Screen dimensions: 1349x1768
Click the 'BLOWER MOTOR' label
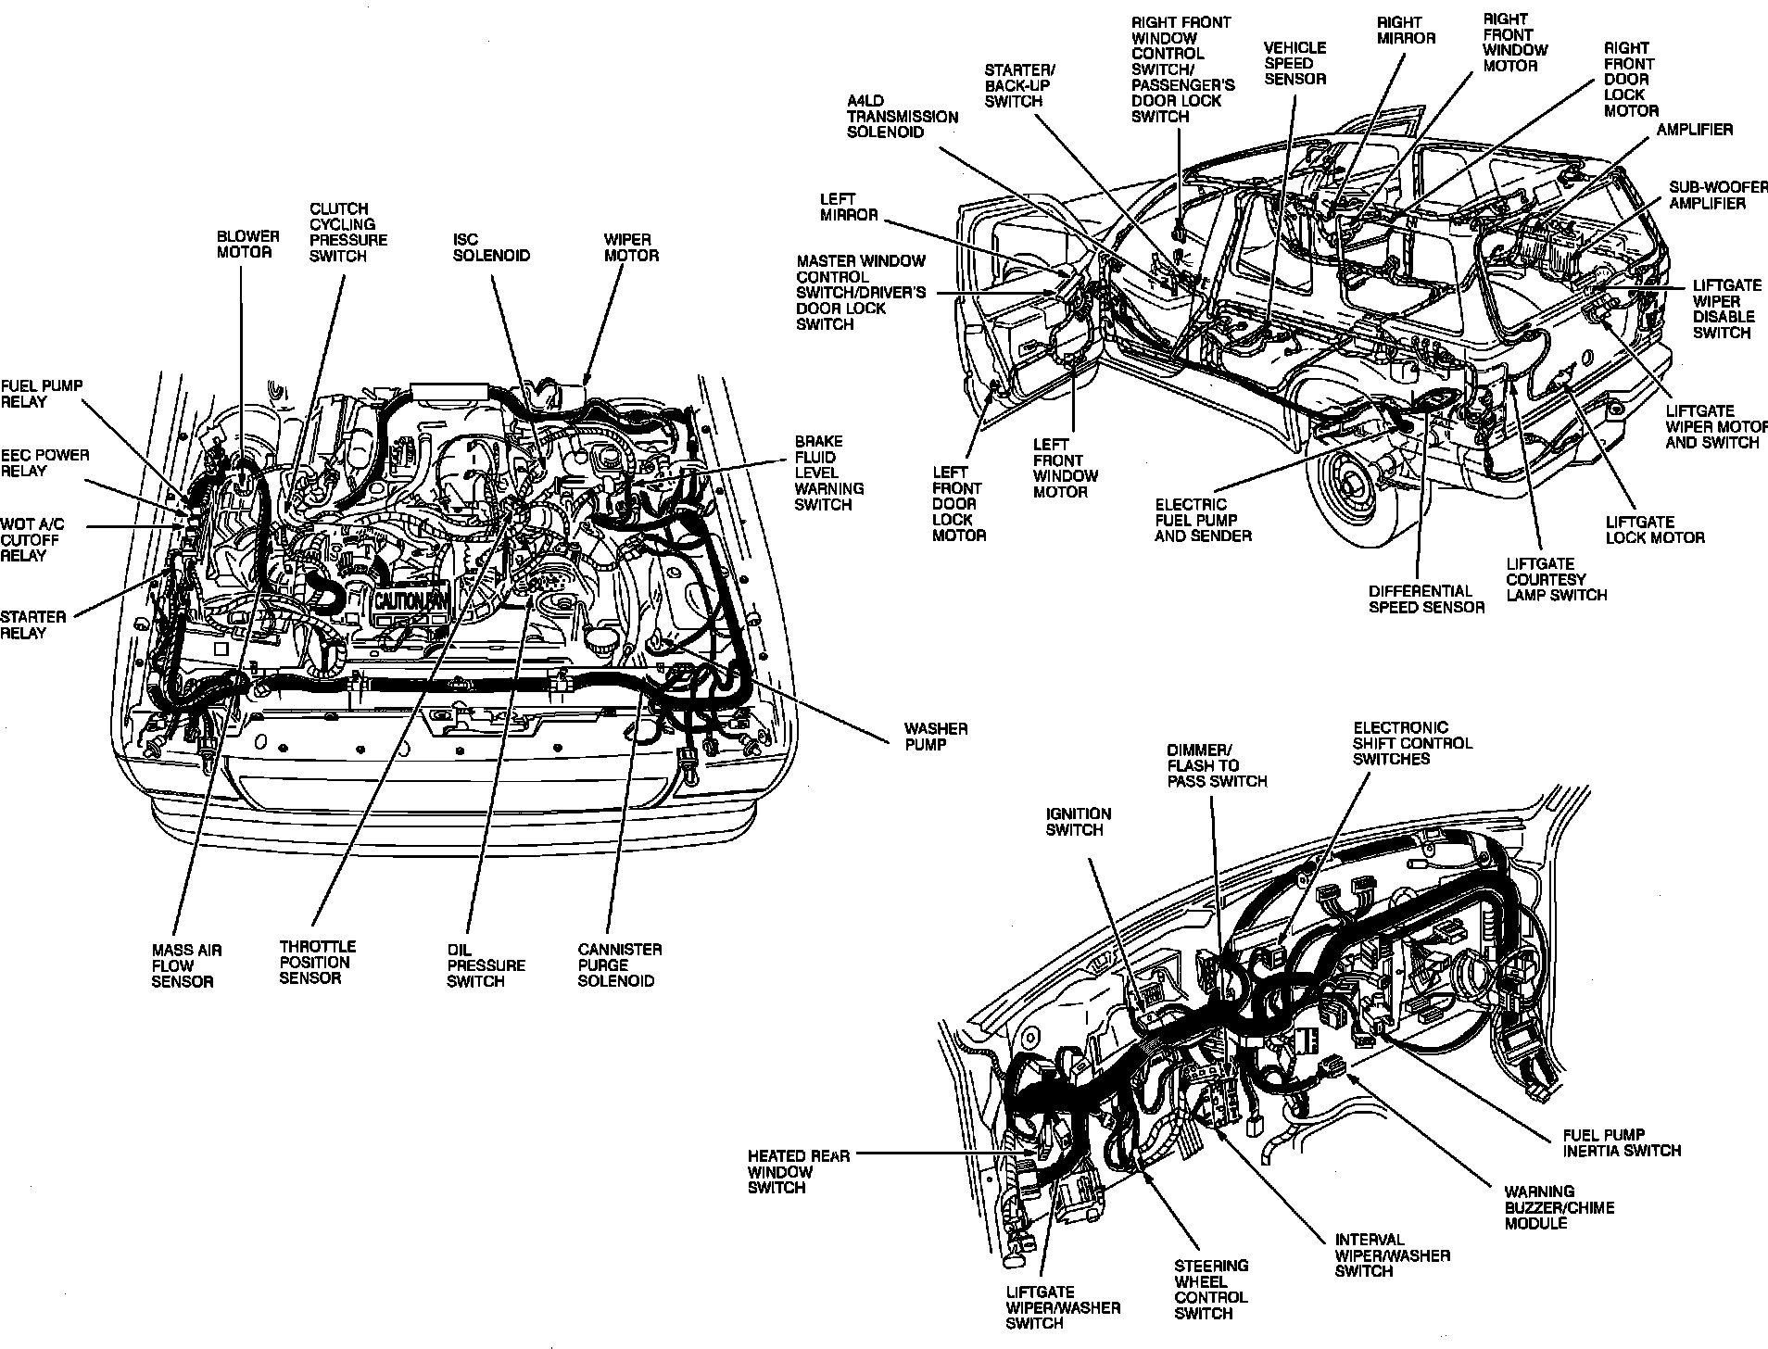coord(247,245)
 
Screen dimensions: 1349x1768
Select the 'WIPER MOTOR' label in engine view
coord(631,247)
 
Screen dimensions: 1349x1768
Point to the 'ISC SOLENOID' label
coord(491,247)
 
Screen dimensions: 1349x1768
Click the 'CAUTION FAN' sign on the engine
coord(411,601)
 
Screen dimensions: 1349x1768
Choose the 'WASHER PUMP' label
coord(936,737)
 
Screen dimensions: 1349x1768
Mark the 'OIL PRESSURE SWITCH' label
coord(486,965)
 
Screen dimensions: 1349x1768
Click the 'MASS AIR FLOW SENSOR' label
coord(186,965)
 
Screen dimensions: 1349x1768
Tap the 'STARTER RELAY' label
coord(33,624)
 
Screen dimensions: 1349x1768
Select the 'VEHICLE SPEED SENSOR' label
coord(1294,63)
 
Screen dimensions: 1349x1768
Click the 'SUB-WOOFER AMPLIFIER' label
coord(1719,195)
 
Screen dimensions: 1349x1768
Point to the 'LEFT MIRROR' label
coord(848,207)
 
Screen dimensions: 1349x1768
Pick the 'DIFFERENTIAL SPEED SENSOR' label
coord(1426,599)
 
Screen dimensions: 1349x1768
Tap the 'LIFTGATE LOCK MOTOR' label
coord(1654,529)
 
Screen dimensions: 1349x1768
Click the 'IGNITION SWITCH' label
coord(1078,822)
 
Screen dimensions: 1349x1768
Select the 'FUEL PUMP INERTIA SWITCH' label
coord(1621,1142)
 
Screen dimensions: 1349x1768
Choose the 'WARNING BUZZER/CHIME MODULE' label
coord(1559,1207)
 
